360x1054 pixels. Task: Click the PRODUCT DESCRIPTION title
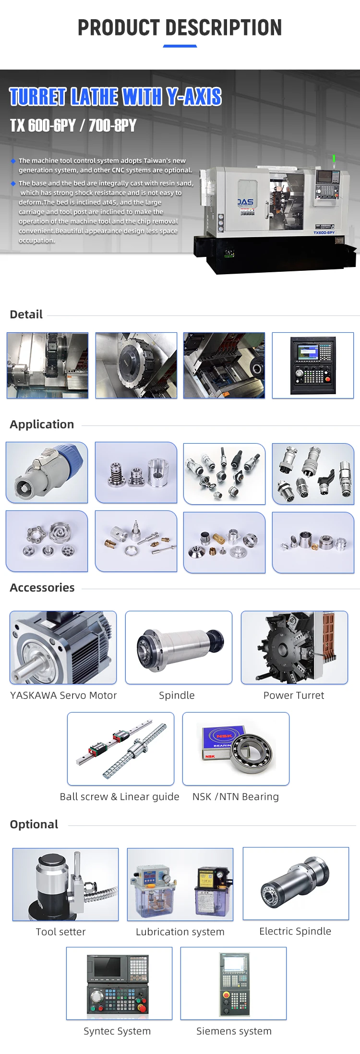(180, 28)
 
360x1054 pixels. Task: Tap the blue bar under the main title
(180, 46)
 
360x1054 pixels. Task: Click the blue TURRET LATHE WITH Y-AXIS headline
(115, 97)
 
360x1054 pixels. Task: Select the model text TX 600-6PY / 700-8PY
(73, 126)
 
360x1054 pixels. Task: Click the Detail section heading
(26, 315)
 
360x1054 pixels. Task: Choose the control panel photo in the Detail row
(312, 365)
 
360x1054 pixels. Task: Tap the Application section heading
(42, 424)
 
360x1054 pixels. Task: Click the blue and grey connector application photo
(47, 472)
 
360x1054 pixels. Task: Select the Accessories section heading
(42, 588)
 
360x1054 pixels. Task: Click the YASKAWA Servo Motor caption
(63, 695)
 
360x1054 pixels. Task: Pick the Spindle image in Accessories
(179, 647)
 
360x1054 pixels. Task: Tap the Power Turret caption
(294, 695)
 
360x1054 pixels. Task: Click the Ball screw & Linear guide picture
(120, 749)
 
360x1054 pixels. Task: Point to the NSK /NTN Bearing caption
(235, 797)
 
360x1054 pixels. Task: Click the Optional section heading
(34, 824)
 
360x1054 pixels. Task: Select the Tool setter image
(65, 884)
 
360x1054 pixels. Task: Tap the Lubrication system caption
(180, 932)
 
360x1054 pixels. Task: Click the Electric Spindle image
(296, 884)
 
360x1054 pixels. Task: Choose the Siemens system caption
(234, 1031)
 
